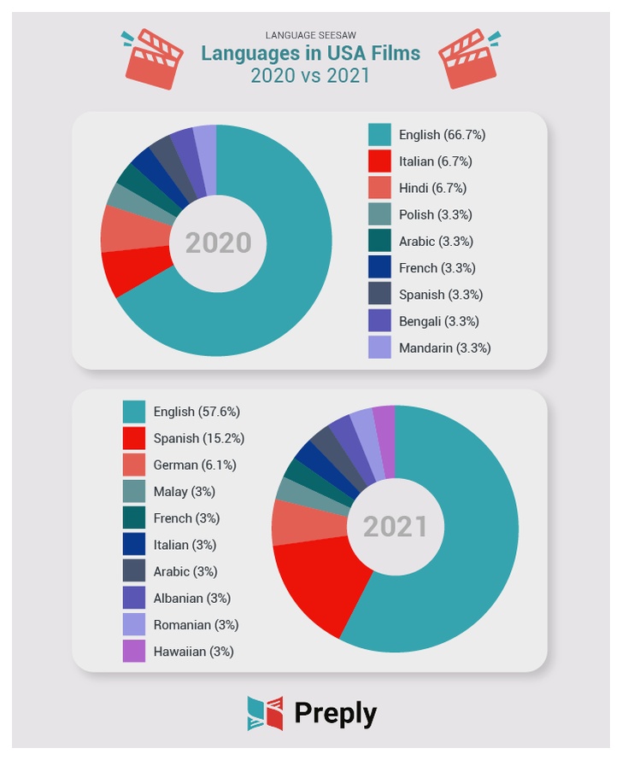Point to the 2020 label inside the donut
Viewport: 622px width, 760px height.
point(218,243)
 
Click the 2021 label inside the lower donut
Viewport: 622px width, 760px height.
point(395,527)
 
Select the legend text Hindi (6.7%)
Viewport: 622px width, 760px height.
point(432,188)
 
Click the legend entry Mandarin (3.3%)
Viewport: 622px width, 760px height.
point(444,348)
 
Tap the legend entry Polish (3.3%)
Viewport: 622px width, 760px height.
point(436,214)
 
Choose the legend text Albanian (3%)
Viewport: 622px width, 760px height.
point(192,598)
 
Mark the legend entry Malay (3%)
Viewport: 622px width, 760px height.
point(185,492)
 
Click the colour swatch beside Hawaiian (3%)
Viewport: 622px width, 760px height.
point(134,651)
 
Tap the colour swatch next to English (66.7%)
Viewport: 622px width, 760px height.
point(379,135)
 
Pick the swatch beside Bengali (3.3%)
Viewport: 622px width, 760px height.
point(379,321)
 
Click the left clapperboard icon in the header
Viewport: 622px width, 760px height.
point(153,59)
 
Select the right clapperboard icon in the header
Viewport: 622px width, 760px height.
point(469,59)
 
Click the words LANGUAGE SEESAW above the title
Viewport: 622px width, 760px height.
point(311,35)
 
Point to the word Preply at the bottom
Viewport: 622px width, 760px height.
point(336,714)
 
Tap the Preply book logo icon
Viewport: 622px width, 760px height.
point(265,714)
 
